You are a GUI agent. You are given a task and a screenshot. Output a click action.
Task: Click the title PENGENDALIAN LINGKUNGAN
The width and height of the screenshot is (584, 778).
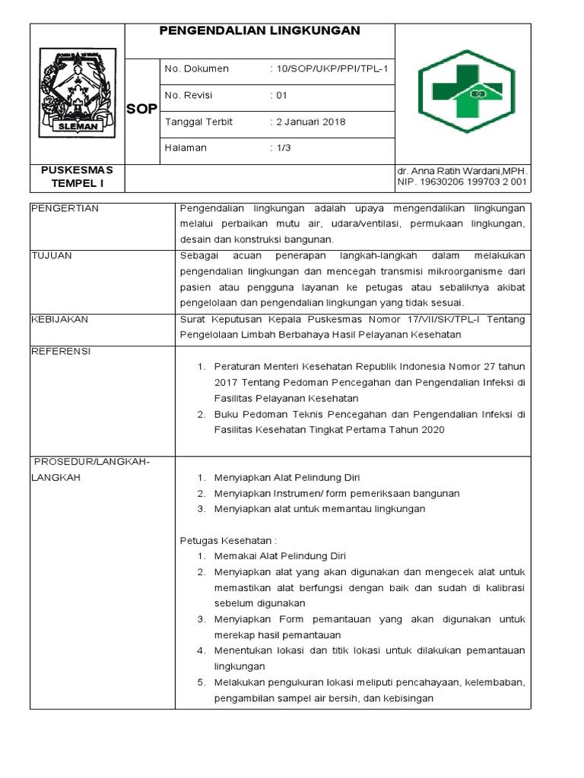click(259, 31)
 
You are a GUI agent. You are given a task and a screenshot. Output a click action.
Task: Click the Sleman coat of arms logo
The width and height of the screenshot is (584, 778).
click(78, 93)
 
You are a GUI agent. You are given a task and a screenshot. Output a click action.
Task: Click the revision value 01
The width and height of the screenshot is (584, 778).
click(281, 96)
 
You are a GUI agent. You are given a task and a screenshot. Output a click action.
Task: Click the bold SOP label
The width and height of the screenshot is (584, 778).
click(141, 109)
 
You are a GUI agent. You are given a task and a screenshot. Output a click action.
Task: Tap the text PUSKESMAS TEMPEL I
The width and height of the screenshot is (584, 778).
click(77, 176)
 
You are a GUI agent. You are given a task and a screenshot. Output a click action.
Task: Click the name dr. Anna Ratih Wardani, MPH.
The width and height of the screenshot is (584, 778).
click(462, 172)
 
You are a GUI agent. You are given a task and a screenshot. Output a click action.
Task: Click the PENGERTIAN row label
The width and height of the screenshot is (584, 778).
click(65, 208)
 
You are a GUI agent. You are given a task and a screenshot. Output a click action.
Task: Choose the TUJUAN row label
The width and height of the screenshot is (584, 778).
click(52, 255)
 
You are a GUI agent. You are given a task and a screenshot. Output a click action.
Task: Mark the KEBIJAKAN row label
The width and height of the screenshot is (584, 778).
click(59, 319)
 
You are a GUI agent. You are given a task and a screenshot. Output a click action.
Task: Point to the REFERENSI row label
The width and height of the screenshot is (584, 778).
click(61, 351)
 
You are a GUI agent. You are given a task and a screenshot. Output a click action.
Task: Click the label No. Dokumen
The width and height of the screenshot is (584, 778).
click(196, 69)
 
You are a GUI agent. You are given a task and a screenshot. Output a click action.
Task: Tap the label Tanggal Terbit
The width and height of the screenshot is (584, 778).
click(198, 122)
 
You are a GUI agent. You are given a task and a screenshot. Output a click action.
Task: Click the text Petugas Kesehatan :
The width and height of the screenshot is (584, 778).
click(227, 540)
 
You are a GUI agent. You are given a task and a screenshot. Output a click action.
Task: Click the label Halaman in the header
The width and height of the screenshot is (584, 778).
click(186, 148)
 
